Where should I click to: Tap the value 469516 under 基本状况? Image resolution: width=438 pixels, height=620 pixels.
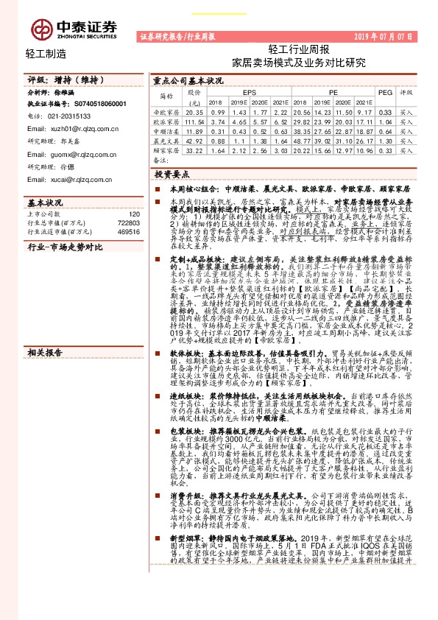[127, 231]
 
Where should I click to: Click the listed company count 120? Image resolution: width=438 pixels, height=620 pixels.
[133, 211]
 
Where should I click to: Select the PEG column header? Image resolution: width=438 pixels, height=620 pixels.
[385, 93]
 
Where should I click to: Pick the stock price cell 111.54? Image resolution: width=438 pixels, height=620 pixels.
[194, 121]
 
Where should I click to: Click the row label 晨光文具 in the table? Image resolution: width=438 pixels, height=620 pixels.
[166, 139]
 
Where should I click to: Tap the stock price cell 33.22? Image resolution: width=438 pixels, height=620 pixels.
[194, 149]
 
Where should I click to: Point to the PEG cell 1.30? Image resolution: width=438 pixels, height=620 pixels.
[385, 140]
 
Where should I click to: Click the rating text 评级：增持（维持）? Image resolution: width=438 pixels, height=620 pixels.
[55, 79]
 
